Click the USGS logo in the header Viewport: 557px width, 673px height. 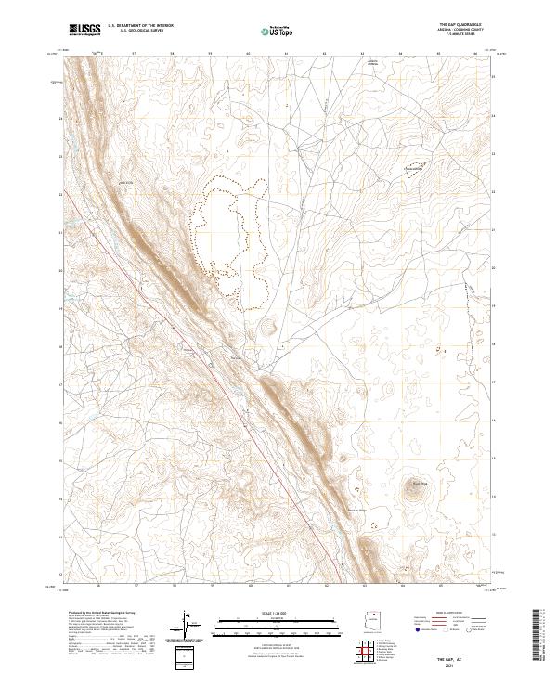[84, 30]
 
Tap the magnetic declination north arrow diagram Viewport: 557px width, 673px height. [187, 626]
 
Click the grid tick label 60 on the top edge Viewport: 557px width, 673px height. [249, 53]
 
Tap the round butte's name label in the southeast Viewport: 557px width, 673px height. [419, 483]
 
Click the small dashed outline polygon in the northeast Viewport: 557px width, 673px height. [414, 169]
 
